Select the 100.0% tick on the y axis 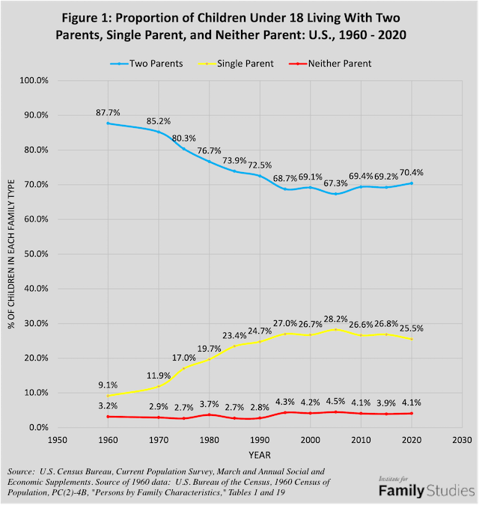34,81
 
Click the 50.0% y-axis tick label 36,254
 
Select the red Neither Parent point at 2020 411,413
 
